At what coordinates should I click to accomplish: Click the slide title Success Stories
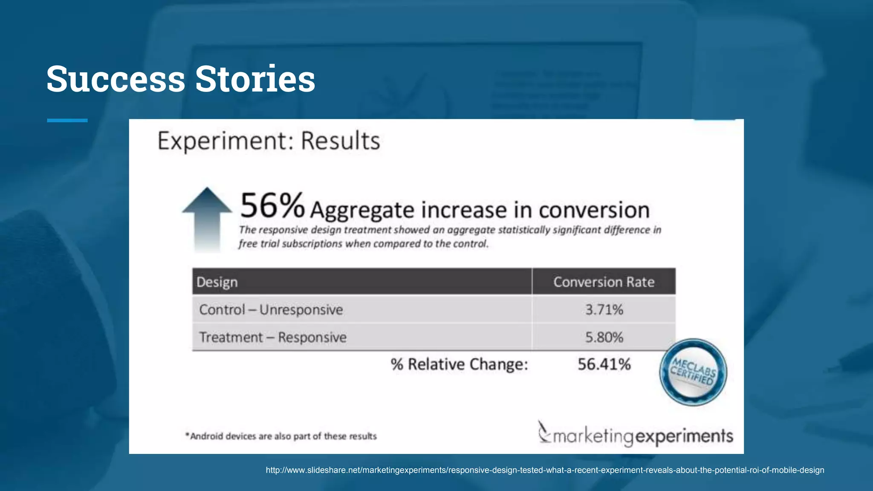181,79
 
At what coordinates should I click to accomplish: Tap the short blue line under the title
67,121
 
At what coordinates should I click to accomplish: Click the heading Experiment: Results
269,141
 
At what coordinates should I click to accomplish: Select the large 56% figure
272,206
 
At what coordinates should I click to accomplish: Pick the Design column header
217,282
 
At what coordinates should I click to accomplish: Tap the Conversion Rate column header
604,282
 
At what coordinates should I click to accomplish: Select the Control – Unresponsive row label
271,309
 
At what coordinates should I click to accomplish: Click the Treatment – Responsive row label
273,337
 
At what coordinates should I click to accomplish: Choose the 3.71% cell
604,309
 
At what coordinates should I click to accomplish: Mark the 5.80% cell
604,337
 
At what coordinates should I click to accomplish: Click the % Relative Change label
459,364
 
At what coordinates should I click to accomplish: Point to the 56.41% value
604,364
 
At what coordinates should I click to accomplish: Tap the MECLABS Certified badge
693,372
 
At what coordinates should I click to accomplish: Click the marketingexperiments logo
635,435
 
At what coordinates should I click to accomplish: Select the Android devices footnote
281,436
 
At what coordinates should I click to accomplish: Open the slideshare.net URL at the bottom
545,470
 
